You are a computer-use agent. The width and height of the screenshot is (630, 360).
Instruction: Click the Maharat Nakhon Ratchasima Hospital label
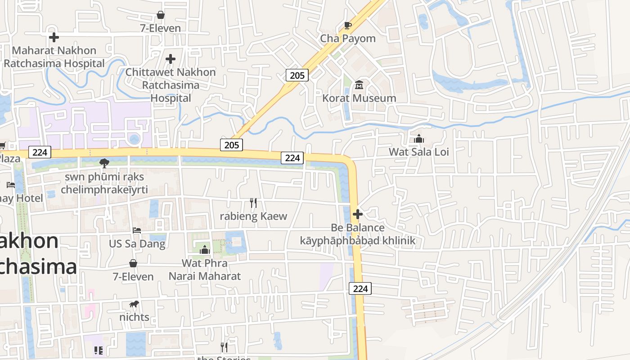54,57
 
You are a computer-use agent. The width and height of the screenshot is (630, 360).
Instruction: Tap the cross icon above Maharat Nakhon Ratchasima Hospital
54,37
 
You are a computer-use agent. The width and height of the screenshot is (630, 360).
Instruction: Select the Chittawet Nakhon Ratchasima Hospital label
171,85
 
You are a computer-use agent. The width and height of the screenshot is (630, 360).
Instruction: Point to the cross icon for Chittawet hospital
171,59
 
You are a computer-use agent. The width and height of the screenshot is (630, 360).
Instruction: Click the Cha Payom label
347,39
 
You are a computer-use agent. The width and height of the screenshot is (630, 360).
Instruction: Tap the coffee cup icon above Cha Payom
347,25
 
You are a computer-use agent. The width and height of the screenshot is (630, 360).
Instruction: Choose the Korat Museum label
359,98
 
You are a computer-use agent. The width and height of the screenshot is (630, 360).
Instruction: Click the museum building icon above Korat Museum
359,85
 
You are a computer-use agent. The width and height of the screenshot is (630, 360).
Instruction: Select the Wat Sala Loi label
419,152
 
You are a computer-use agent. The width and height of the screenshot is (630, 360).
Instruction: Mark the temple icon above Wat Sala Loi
419,139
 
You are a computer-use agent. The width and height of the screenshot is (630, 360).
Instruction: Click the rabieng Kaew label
253,216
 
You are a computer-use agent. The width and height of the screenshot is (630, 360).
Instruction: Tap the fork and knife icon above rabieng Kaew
253,203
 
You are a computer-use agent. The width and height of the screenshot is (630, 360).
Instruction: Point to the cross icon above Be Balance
358,214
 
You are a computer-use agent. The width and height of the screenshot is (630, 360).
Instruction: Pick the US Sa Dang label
137,244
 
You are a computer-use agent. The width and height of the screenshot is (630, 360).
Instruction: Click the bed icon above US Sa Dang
137,230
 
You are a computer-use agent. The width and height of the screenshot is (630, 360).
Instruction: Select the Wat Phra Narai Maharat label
205,269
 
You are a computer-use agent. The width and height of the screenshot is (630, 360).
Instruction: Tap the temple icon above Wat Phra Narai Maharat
205,249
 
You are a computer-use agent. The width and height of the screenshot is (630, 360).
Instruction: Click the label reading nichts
134,317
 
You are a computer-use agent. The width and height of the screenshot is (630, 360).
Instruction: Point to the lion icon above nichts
134,304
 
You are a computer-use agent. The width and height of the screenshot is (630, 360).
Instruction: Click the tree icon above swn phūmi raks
104,163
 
